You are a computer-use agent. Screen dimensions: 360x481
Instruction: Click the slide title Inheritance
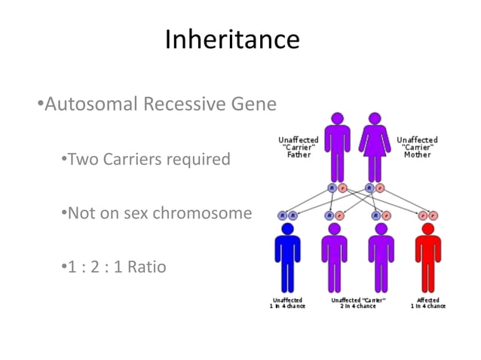[232, 39]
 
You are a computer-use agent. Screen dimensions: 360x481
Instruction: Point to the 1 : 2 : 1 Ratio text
[113, 267]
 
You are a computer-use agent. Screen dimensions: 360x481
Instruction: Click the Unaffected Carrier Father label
[299, 147]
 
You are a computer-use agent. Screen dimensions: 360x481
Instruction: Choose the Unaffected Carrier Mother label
[417, 147]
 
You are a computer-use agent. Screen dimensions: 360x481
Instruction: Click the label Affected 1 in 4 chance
[427, 303]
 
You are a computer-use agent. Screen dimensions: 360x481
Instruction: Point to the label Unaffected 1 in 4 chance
[286, 303]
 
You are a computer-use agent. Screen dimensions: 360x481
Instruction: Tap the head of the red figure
[427, 228]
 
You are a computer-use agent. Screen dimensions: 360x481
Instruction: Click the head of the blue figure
[286, 228]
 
